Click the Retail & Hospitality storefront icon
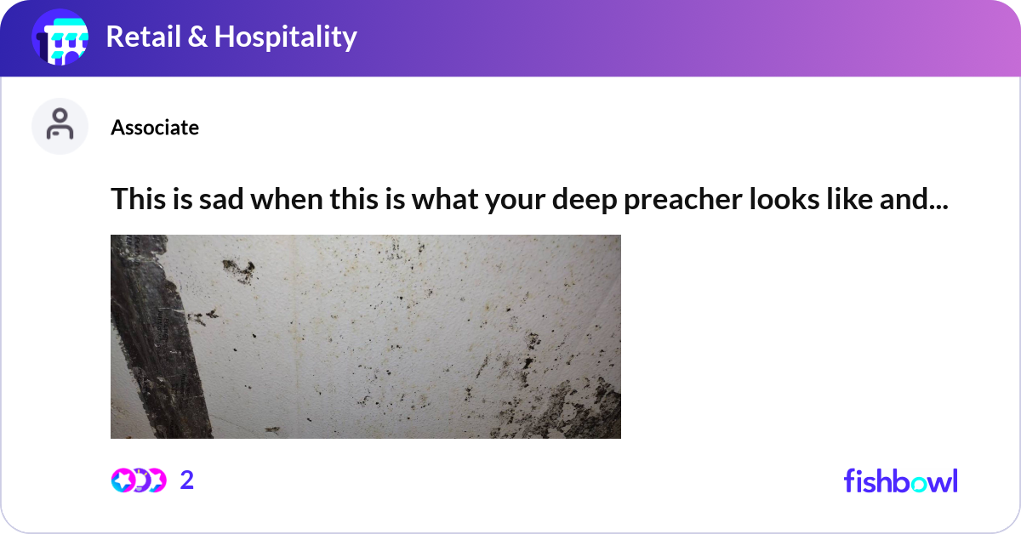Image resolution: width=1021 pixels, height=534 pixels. click(60, 37)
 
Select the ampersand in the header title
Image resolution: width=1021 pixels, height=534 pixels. click(198, 37)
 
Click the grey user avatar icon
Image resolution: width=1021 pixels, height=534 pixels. click(60, 126)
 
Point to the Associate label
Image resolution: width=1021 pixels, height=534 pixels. click(155, 128)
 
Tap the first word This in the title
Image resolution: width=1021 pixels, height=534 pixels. click(137, 199)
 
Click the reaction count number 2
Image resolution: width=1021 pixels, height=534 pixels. click(187, 480)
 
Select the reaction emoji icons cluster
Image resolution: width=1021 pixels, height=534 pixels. click(138, 480)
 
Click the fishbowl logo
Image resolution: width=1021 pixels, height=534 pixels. click(900, 480)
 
